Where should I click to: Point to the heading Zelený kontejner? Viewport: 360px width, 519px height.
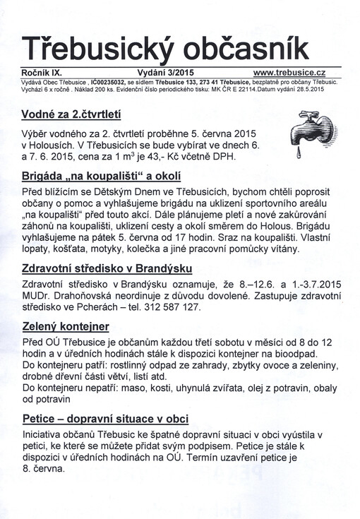66,326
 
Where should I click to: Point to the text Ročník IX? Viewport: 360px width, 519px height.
44,73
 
